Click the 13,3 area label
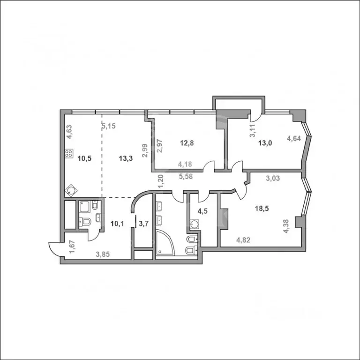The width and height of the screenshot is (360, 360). point(126,158)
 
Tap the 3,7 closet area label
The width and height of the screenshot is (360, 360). point(143,223)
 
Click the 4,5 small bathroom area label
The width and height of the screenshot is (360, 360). point(202,210)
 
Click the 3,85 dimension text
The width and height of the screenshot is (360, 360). point(103,255)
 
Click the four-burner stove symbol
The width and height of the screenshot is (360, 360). point(68,153)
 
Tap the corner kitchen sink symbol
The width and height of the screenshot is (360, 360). point(71,190)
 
